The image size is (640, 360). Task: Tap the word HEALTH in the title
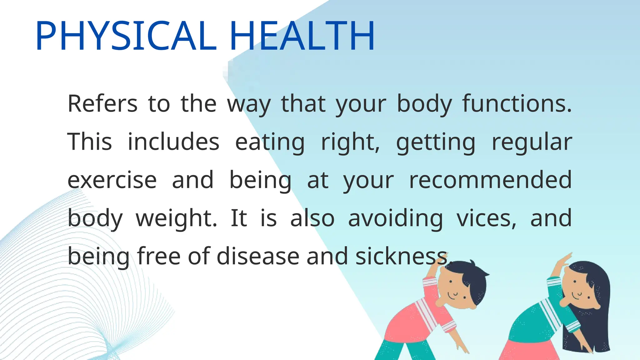[x=302, y=35]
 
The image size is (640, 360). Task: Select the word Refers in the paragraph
[x=102, y=103]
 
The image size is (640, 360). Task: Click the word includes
[x=173, y=142]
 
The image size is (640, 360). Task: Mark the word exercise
[x=112, y=180]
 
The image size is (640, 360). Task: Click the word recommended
[x=490, y=180]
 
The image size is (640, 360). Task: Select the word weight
[x=176, y=218]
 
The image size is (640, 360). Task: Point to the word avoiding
[x=395, y=218]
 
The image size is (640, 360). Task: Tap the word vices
[x=486, y=218]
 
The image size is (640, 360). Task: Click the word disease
[x=258, y=256]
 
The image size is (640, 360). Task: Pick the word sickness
[x=403, y=256]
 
